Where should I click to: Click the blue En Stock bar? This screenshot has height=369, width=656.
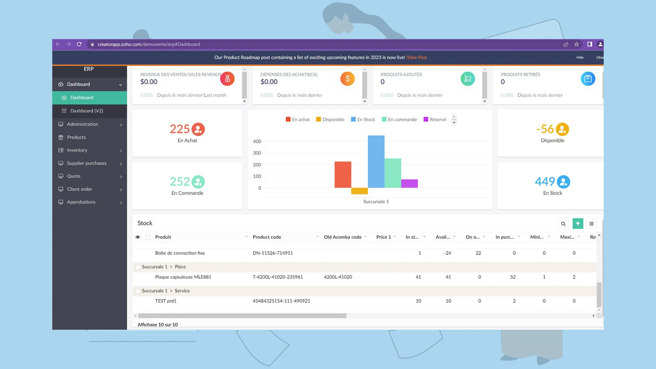[376, 162]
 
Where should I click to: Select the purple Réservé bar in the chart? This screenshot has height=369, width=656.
[409, 183]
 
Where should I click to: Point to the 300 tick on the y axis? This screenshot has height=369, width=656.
[257, 153]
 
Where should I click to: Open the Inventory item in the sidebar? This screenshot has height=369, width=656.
[77, 150]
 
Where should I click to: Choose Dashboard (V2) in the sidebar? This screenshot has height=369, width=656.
[86, 111]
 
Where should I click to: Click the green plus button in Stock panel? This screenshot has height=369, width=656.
[578, 223]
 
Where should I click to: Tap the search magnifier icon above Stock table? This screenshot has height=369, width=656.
[563, 224]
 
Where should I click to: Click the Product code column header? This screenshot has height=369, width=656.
[267, 237]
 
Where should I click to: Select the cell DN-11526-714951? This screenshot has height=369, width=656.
[273, 253]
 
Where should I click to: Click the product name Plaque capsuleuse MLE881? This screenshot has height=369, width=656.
[183, 277]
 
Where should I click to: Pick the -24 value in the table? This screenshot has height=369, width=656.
[447, 253]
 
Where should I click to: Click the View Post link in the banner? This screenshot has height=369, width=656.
[416, 57]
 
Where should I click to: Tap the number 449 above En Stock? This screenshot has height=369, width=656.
[545, 181]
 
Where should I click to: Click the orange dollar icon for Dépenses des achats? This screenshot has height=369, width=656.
[347, 79]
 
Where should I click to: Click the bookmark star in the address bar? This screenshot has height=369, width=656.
[576, 44]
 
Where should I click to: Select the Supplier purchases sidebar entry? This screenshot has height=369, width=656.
[86, 163]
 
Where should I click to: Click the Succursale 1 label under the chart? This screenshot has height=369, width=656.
[376, 202]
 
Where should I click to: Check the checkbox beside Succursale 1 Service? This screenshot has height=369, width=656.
[138, 291]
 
